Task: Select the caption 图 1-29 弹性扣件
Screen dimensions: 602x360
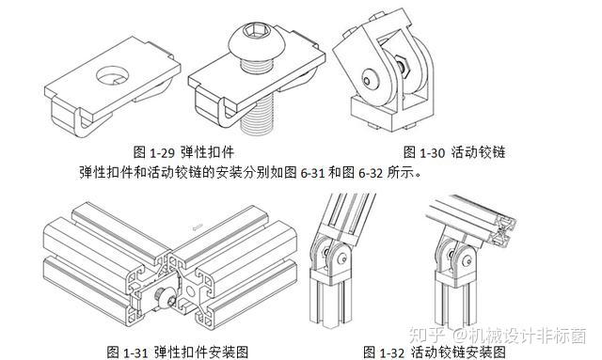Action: tap(183, 152)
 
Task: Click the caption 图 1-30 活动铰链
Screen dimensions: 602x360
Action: tap(454, 152)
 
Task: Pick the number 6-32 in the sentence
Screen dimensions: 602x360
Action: tap(371, 173)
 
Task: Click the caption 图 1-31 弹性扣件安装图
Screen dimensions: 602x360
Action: tap(178, 352)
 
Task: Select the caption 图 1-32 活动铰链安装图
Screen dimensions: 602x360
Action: tap(435, 352)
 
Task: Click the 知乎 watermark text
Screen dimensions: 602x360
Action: tap(426, 335)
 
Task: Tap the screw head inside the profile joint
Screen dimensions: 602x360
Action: tap(162, 298)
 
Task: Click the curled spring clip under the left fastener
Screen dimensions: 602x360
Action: tap(83, 123)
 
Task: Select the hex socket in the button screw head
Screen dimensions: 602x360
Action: tap(252, 29)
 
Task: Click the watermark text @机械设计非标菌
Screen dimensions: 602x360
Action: tap(519, 335)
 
